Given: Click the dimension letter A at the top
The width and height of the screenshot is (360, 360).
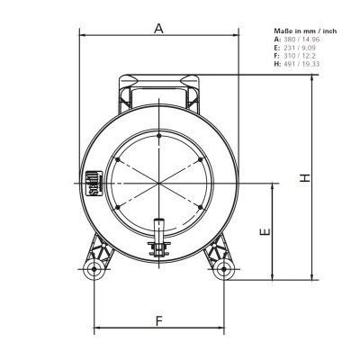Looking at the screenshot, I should [x=158, y=28].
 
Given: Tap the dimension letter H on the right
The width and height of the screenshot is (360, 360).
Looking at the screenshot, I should [x=306, y=177].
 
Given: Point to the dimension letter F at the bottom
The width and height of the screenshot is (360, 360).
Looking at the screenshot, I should [x=158, y=320].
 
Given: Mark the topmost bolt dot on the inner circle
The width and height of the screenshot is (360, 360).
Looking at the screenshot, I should [x=158, y=136].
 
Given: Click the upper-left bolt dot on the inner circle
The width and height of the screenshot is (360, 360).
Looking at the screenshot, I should [x=116, y=159].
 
